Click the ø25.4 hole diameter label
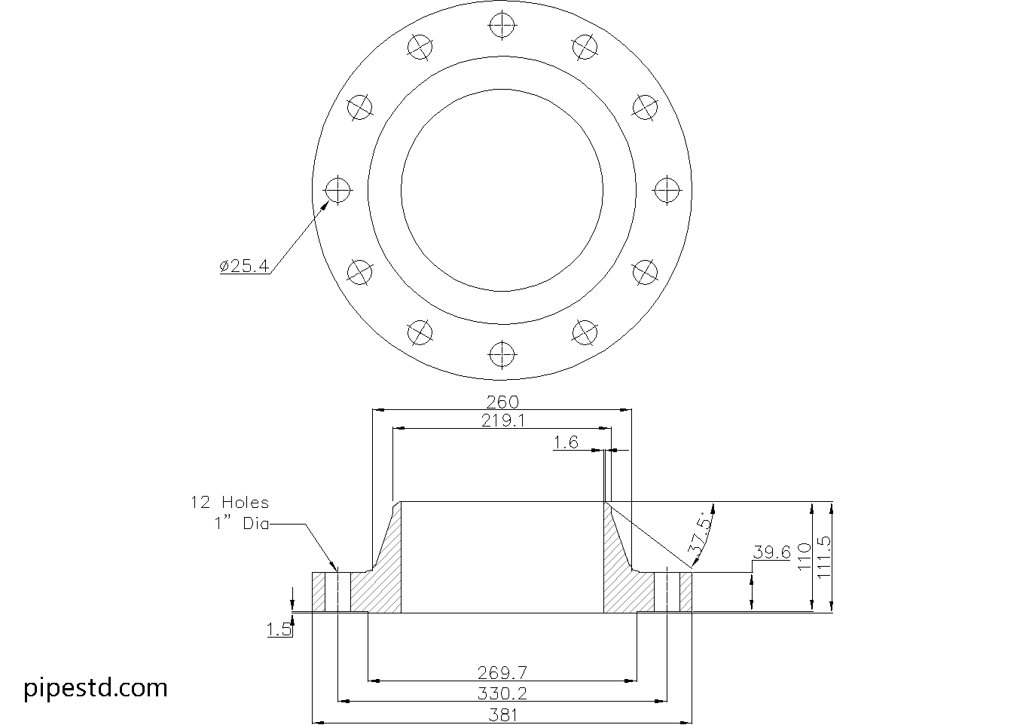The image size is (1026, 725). (x=244, y=266)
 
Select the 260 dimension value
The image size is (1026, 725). (x=502, y=402)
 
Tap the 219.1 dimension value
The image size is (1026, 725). (x=502, y=421)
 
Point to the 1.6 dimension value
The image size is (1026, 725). (x=566, y=442)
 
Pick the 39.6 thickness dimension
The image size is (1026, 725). (x=771, y=552)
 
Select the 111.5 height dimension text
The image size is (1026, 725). (x=824, y=556)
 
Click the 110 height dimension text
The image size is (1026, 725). (x=803, y=556)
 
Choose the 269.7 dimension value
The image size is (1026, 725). (x=502, y=672)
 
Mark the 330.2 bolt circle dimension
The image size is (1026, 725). (x=502, y=693)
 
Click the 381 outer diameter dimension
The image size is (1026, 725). (x=502, y=714)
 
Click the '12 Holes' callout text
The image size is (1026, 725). (x=229, y=503)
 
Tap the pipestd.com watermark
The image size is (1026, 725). (x=96, y=687)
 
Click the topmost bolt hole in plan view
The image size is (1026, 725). (x=502, y=26)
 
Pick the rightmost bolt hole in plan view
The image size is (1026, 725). (x=666, y=190)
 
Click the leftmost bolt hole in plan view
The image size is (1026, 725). (x=337, y=190)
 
